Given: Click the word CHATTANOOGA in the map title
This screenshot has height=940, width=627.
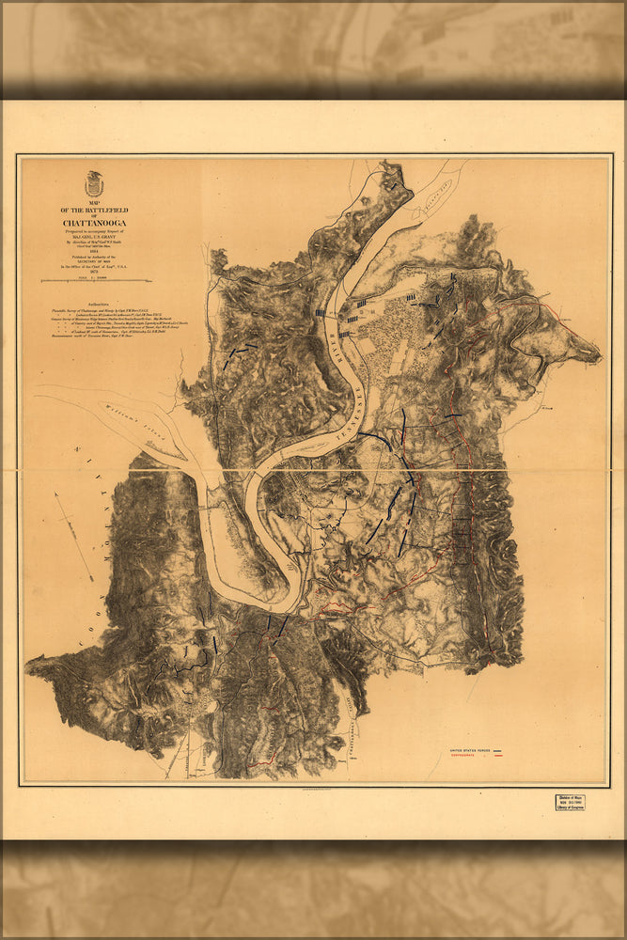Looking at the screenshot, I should pos(94,223).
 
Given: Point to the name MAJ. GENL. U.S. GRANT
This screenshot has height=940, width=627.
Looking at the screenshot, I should pos(94,236).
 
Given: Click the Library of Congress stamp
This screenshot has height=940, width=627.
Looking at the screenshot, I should pos(569,802).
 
